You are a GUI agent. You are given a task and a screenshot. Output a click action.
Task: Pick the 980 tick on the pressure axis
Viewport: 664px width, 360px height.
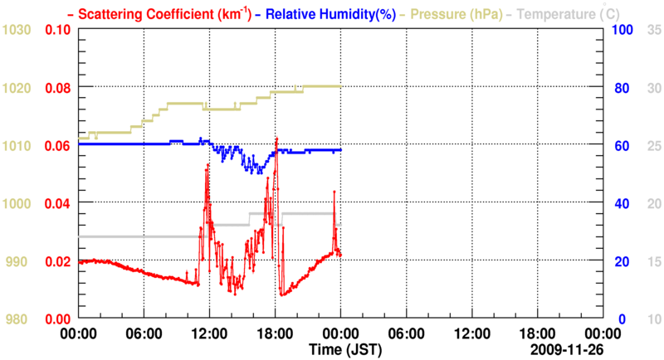click(x=22, y=319)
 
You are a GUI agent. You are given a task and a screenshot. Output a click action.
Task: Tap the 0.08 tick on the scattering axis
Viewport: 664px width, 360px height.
click(x=56, y=88)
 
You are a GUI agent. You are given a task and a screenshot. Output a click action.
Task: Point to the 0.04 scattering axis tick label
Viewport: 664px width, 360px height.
click(x=56, y=203)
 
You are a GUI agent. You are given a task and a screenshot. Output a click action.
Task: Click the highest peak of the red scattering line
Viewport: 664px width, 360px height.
click(x=276, y=138)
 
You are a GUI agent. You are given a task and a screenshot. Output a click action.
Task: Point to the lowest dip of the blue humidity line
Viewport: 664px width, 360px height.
click(x=259, y=173)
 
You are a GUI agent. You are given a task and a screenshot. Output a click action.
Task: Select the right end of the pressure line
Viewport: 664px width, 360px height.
click(x=340, y=86)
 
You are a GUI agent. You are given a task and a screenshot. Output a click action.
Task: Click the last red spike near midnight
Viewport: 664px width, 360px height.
click(x=334, y=192)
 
